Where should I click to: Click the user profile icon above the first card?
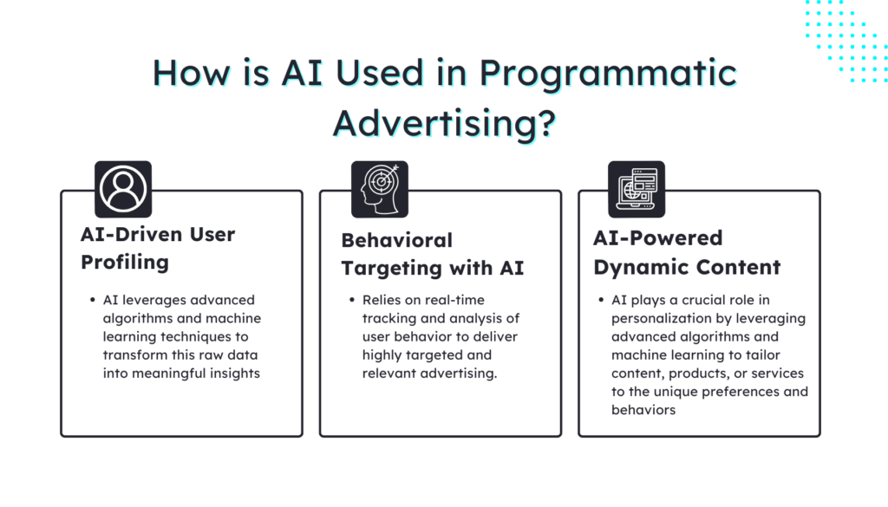click(122, 189)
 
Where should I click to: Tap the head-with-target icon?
click(379, 189)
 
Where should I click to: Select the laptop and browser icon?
click(636, 189)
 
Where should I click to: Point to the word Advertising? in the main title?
click(444, 122)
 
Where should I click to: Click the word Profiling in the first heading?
click(125, 261)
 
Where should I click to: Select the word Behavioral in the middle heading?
click(397, 240)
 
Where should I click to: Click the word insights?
click(233, 374)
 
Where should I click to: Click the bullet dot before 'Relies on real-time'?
click(351, 300)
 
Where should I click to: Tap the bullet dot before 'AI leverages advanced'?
click(92, 300)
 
